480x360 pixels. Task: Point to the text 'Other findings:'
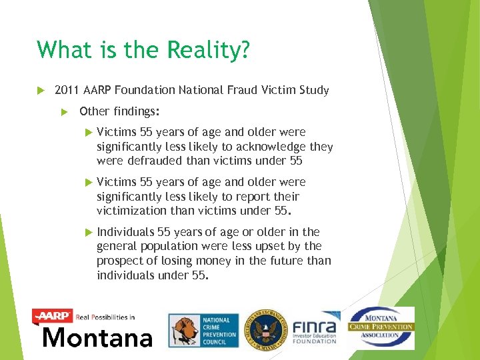click(x=119, y=111)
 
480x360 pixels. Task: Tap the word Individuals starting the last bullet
click(x=125, y=232)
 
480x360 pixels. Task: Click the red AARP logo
click(x=53, y=316)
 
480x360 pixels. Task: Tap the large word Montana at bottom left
click(x=97, y=337)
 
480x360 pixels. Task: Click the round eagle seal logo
click(x=265, y=329)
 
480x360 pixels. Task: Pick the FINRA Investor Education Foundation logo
click(x=315, y=328)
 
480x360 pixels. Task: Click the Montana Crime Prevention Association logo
click(x=381, y=327)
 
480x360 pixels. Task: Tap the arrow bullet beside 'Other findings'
click(x=65, y=111)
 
